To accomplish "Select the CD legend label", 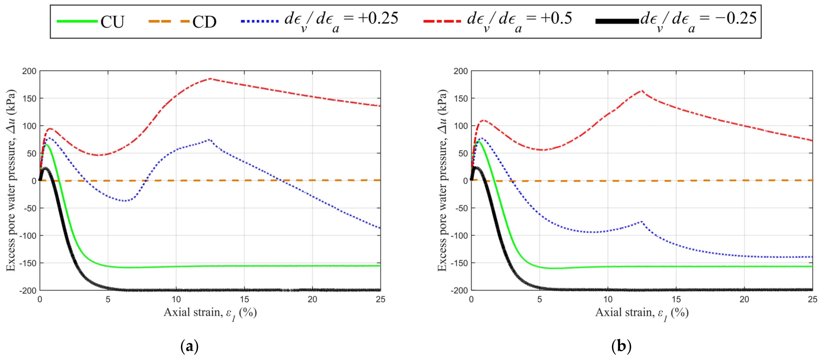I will point(204,22).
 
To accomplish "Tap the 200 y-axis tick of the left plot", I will point(29,71).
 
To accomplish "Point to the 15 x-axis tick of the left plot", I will point(244,299).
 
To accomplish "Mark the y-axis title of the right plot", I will point(442,180).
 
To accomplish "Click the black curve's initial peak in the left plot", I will point(45,168).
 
